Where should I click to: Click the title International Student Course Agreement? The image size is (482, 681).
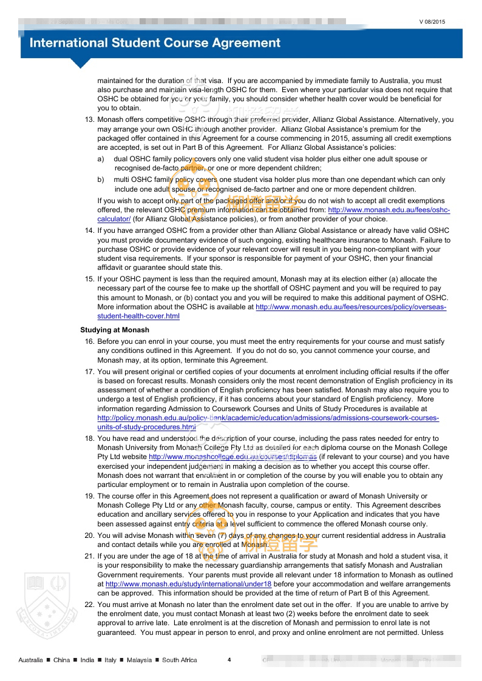(155, 43)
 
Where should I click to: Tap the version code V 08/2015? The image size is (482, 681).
(432, 22)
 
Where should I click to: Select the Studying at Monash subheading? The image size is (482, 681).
(115, 330)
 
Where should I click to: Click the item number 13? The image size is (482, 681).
(89, 120)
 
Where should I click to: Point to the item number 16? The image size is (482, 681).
(89, 342)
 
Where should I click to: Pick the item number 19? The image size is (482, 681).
(89, 497)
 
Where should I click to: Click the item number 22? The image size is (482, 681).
(89, 605)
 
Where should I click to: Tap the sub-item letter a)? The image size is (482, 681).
(101, 159)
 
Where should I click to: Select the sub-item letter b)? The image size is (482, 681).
(101, 180)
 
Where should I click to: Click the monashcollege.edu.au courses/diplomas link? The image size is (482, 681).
(233, 457)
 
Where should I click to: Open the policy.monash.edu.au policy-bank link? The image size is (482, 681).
(268, 418)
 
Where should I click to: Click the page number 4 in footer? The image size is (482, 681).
(229, 660)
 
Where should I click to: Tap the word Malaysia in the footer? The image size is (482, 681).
(139, 660)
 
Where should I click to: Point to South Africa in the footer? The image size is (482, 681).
(179, 660)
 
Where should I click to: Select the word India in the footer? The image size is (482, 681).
(87, 660)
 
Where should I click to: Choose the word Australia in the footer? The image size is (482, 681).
(30, 660)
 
